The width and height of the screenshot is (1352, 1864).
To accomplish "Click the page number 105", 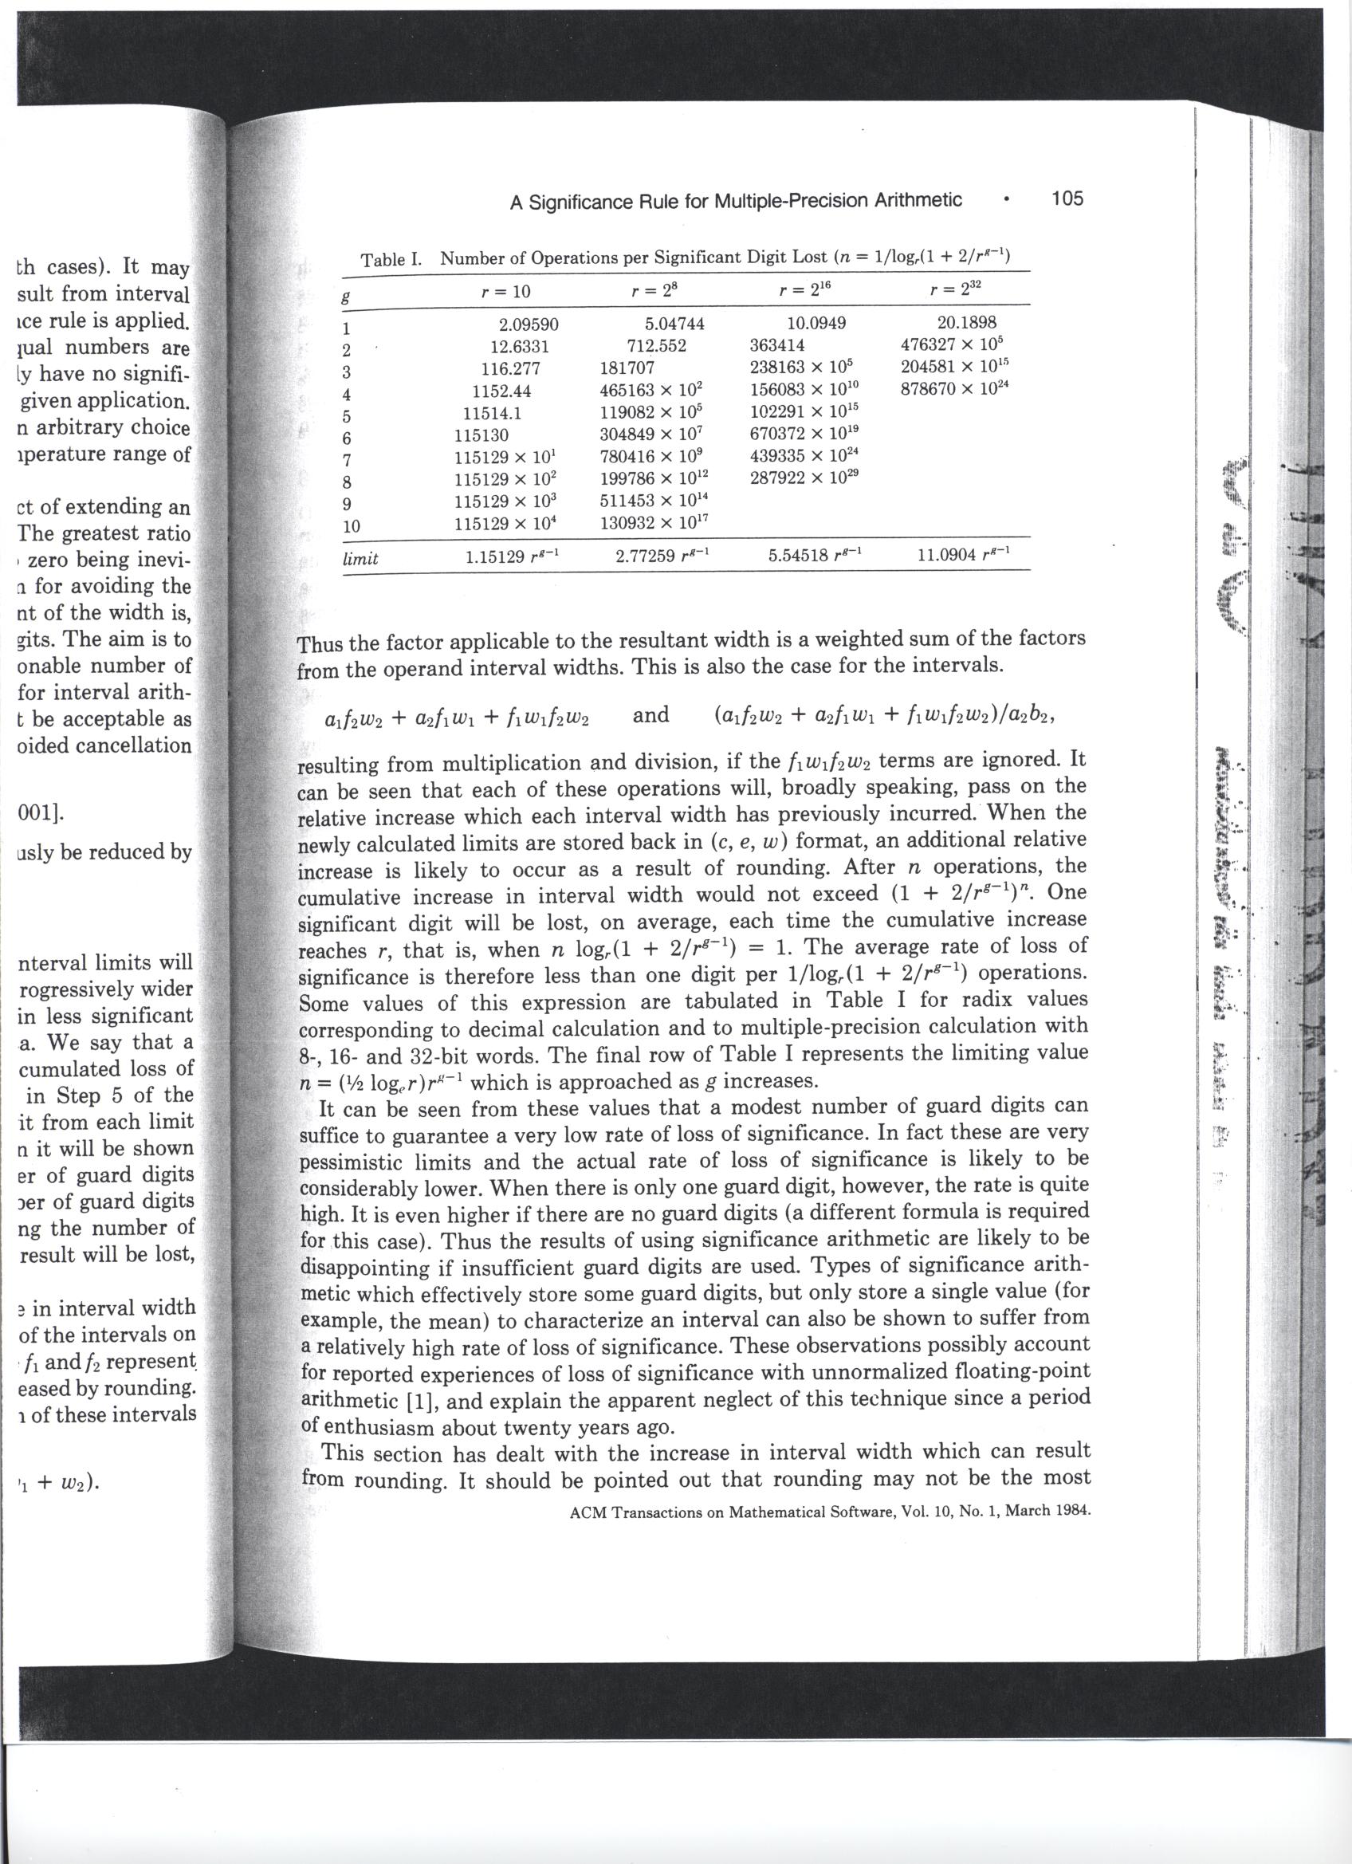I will pos(1067,199).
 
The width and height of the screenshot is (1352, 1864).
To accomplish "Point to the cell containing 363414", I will pos(777,346).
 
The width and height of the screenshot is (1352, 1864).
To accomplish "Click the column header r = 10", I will pos(505,291).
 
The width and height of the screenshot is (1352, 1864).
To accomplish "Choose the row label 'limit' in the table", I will pos(360,559).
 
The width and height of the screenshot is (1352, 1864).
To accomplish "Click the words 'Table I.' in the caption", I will pos(391,260).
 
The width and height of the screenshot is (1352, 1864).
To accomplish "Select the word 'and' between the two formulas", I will pos(651,715).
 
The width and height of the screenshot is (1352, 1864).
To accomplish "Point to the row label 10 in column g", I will pos(351,526).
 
